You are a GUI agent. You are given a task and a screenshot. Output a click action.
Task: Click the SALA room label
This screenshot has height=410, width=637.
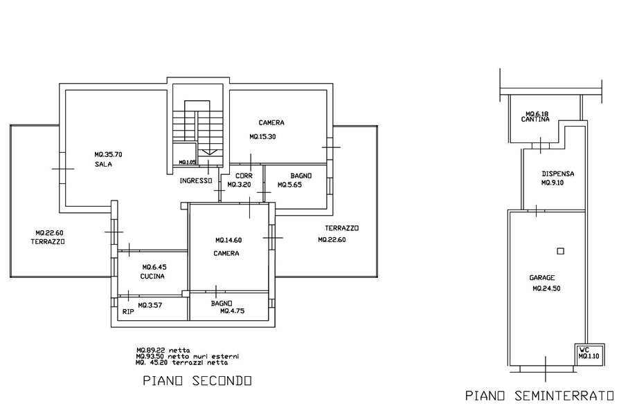[x=103, y=165]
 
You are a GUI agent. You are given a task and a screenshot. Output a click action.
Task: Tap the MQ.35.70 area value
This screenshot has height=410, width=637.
[x=108, y=154]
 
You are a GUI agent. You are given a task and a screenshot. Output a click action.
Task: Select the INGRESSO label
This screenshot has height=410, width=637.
[x=196, y=181]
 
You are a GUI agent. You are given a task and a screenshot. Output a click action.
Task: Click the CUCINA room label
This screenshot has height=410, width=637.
[x=152, y=276]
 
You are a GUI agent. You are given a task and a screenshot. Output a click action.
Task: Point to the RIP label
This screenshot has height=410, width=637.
[x=128, y=312]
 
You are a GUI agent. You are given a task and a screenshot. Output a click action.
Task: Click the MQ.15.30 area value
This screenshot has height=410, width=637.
[x=262, y=137]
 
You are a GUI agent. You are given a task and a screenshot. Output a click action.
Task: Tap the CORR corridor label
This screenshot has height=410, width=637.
[x=244, y=176]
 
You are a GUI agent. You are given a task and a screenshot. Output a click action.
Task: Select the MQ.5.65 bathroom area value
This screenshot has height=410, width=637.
[x=289, y=185]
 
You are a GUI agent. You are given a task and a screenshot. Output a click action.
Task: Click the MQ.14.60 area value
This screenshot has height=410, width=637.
[x=228, y=240]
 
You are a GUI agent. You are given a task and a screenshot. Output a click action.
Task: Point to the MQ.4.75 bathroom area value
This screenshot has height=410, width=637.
[x=233, y=311]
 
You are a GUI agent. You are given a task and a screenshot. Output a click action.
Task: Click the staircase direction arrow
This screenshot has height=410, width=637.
[x=209, y=152]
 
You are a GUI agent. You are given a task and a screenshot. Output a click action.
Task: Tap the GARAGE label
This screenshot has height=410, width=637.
[x=542, y=278]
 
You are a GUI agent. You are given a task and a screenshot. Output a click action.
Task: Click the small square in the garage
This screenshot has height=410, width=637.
[x=561, y=251]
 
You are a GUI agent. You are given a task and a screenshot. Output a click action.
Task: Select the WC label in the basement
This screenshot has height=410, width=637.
[x=584, y=350]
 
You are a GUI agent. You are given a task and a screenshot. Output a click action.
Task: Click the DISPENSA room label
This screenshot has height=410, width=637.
[x=558, y=174]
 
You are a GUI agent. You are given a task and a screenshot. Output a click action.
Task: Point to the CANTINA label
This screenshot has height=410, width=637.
[x=535, y=119]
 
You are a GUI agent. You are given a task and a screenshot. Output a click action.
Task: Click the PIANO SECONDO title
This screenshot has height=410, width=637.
[x=197, y=381]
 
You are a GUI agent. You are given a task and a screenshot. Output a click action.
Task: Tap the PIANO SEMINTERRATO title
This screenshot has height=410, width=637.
[x=539, y=395]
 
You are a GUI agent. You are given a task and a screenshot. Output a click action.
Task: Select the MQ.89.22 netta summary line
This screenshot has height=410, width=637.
[x=163, y=350]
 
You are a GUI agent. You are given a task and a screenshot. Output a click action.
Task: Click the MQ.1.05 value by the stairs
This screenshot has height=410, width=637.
[x=187, y=162]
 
